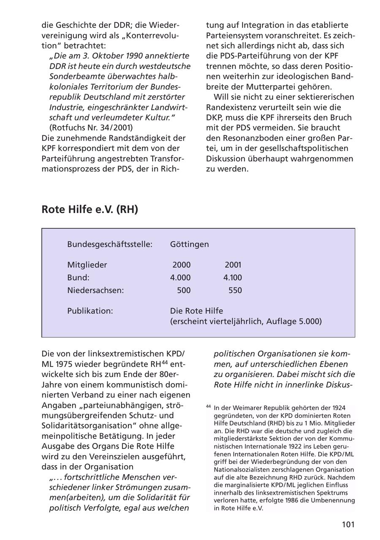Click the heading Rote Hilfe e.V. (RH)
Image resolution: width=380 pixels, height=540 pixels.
tap(90, 210)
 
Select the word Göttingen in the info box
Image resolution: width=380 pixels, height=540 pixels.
tap(189, 245)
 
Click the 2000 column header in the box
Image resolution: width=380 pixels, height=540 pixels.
tap(182, 265)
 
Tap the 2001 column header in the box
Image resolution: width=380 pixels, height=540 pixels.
tap(233, 265)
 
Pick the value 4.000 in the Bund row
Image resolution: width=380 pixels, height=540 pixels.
tap(180, 278)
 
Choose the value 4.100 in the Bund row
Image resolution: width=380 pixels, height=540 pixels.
tap(233, 278)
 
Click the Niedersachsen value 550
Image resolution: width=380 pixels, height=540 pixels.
tap(235, 290)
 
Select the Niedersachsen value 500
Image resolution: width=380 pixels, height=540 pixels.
tap(184, 290)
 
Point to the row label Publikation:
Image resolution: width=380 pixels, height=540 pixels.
tap(90, 311)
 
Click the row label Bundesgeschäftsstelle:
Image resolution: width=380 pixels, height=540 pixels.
tap(109, 245)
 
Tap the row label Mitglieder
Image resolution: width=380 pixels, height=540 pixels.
tap(87, 265)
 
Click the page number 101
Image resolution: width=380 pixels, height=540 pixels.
tap(348, 524)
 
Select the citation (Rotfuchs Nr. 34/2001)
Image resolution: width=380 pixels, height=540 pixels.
tap(91, 128)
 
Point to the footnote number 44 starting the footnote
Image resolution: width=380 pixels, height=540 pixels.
tap(209, 406)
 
